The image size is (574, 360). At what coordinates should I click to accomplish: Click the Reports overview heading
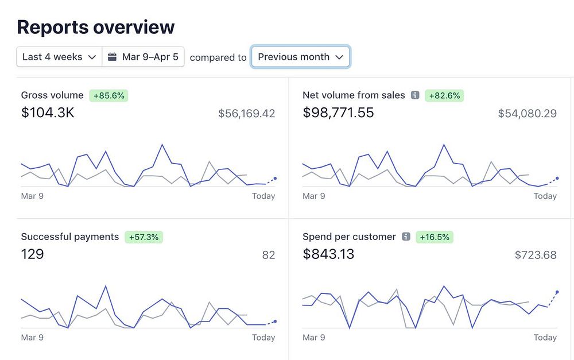click(x=96, y=27)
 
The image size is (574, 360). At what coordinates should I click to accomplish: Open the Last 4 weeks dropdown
click(x=59, y=57)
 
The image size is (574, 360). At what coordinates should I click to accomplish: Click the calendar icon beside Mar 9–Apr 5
click(x=113, y=57)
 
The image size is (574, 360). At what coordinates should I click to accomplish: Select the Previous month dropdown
click(x=300, y=57)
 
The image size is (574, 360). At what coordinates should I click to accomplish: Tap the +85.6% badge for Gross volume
click(x=109, y=96)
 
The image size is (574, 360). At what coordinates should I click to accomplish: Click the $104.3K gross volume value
click(x=48, y=113)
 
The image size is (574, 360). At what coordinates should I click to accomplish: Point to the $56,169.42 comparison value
click(x=247, y=114)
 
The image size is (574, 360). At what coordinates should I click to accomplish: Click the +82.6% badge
click(x=444, y=96)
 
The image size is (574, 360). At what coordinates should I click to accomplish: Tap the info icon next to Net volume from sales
click(x=415, y=95)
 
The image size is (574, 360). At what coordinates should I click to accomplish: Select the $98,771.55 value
click(x=338, y=113)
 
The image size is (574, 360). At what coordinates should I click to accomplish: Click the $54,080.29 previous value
click(x=528, y=114)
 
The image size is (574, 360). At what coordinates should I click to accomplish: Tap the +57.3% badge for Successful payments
click(x=144, y=237)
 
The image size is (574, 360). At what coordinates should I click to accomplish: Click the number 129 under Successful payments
click(x=32, y=254)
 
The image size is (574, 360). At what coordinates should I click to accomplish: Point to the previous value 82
click(x=269, y=255)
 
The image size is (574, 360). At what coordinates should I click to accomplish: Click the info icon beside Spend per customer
click(x=406, y=237)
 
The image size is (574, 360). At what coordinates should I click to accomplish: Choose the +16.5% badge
click(x=435, y=237)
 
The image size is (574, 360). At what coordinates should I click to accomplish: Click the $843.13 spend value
click(x=328, y=254)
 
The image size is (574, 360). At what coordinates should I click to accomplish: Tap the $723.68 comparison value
click(x=536, y=255)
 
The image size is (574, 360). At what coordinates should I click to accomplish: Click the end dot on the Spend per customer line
click(x=557, y=292)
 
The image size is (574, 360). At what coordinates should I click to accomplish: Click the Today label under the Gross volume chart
click(x=263, y=196)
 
